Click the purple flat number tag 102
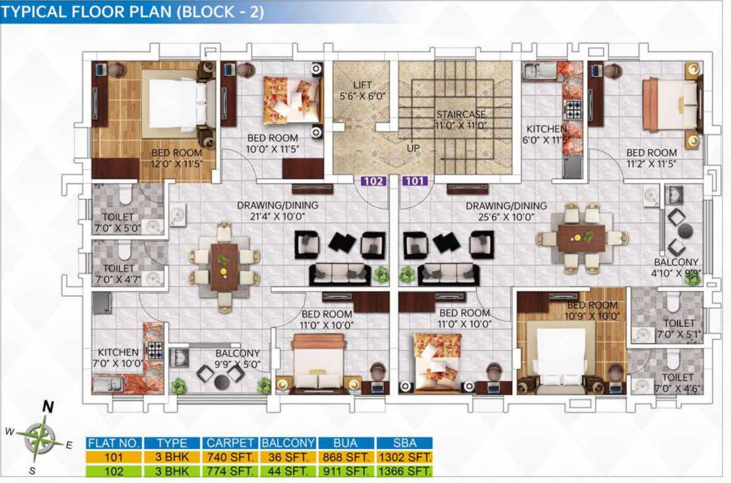point(373,182)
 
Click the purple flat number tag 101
point(415,182)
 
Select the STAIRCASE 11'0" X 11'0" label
point(462,119)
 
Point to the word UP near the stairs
point(413,148)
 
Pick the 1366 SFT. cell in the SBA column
point(405,470)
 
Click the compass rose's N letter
point(47,407)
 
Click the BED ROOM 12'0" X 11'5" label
point(176,158)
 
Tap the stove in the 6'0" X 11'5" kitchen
point(573,109)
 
